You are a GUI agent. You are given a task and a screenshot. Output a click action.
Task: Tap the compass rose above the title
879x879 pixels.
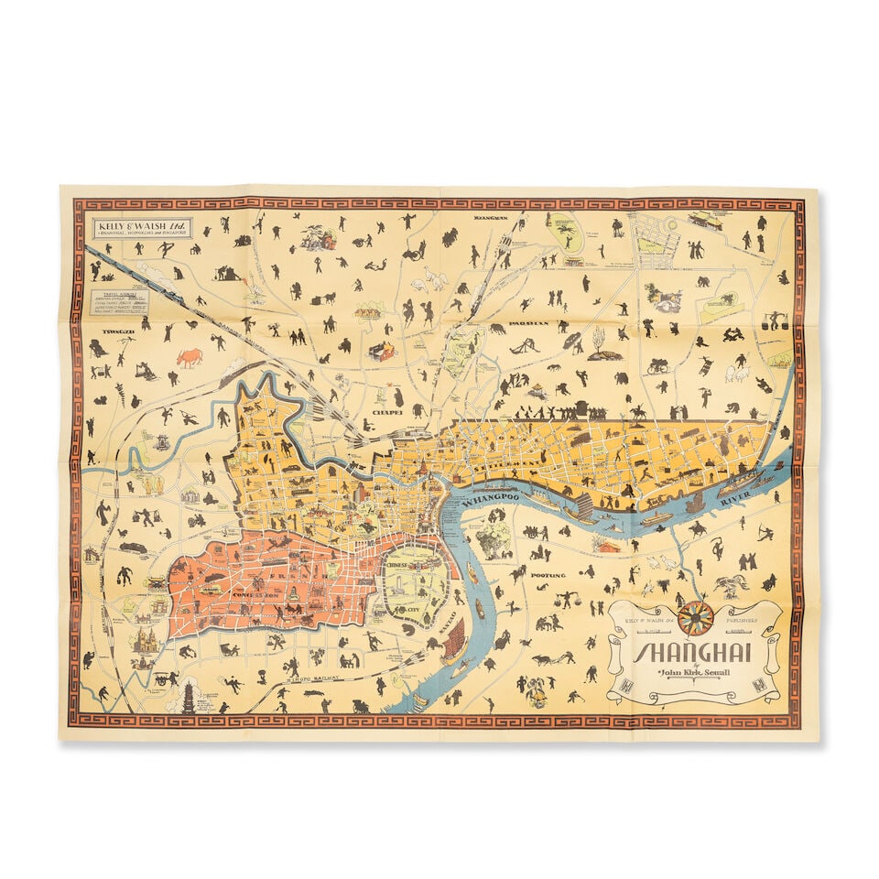[x=696, y=619]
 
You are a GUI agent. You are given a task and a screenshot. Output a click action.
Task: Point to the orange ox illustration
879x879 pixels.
[x=190, y=356]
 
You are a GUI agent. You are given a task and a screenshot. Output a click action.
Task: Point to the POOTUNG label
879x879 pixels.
[x=548, y=575]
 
